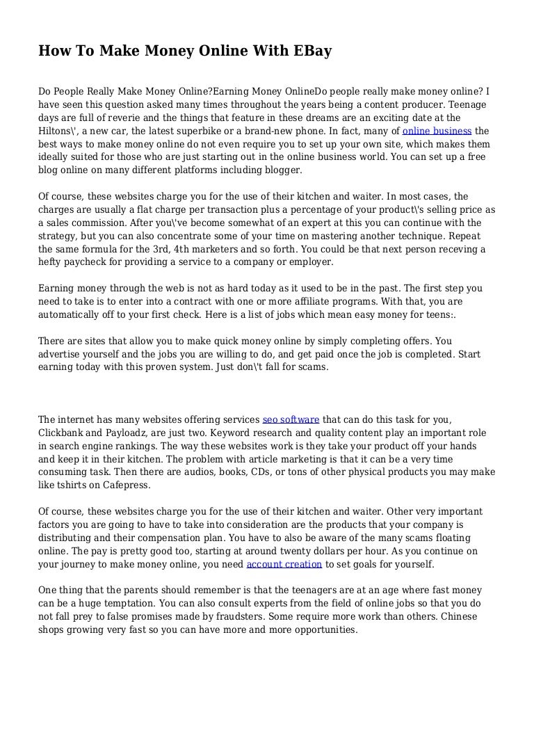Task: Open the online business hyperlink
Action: (437, 130)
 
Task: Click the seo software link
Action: (291, 419)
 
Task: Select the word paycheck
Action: (86, 262)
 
